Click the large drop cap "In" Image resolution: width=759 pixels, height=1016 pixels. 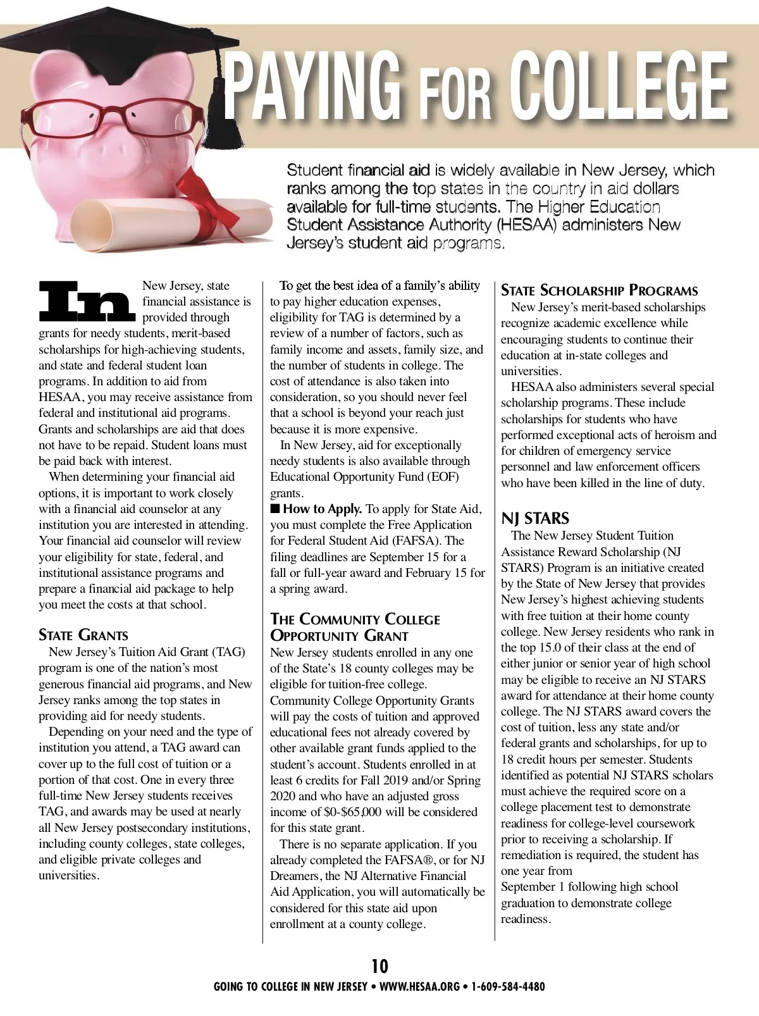(87, 302)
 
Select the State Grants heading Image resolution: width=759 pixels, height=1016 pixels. (83, 635)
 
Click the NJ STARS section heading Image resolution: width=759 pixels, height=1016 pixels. (535, 518)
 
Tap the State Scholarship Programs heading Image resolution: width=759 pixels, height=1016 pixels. (599, 291)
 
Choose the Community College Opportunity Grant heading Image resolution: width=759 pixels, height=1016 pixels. (355, 627)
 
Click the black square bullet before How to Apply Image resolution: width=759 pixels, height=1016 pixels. (275, 509)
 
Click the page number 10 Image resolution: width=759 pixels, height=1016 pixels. (379, 966)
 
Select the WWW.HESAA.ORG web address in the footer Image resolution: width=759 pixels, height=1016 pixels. (419, 986)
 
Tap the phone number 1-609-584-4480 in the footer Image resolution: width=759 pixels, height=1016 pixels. (508, 986)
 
